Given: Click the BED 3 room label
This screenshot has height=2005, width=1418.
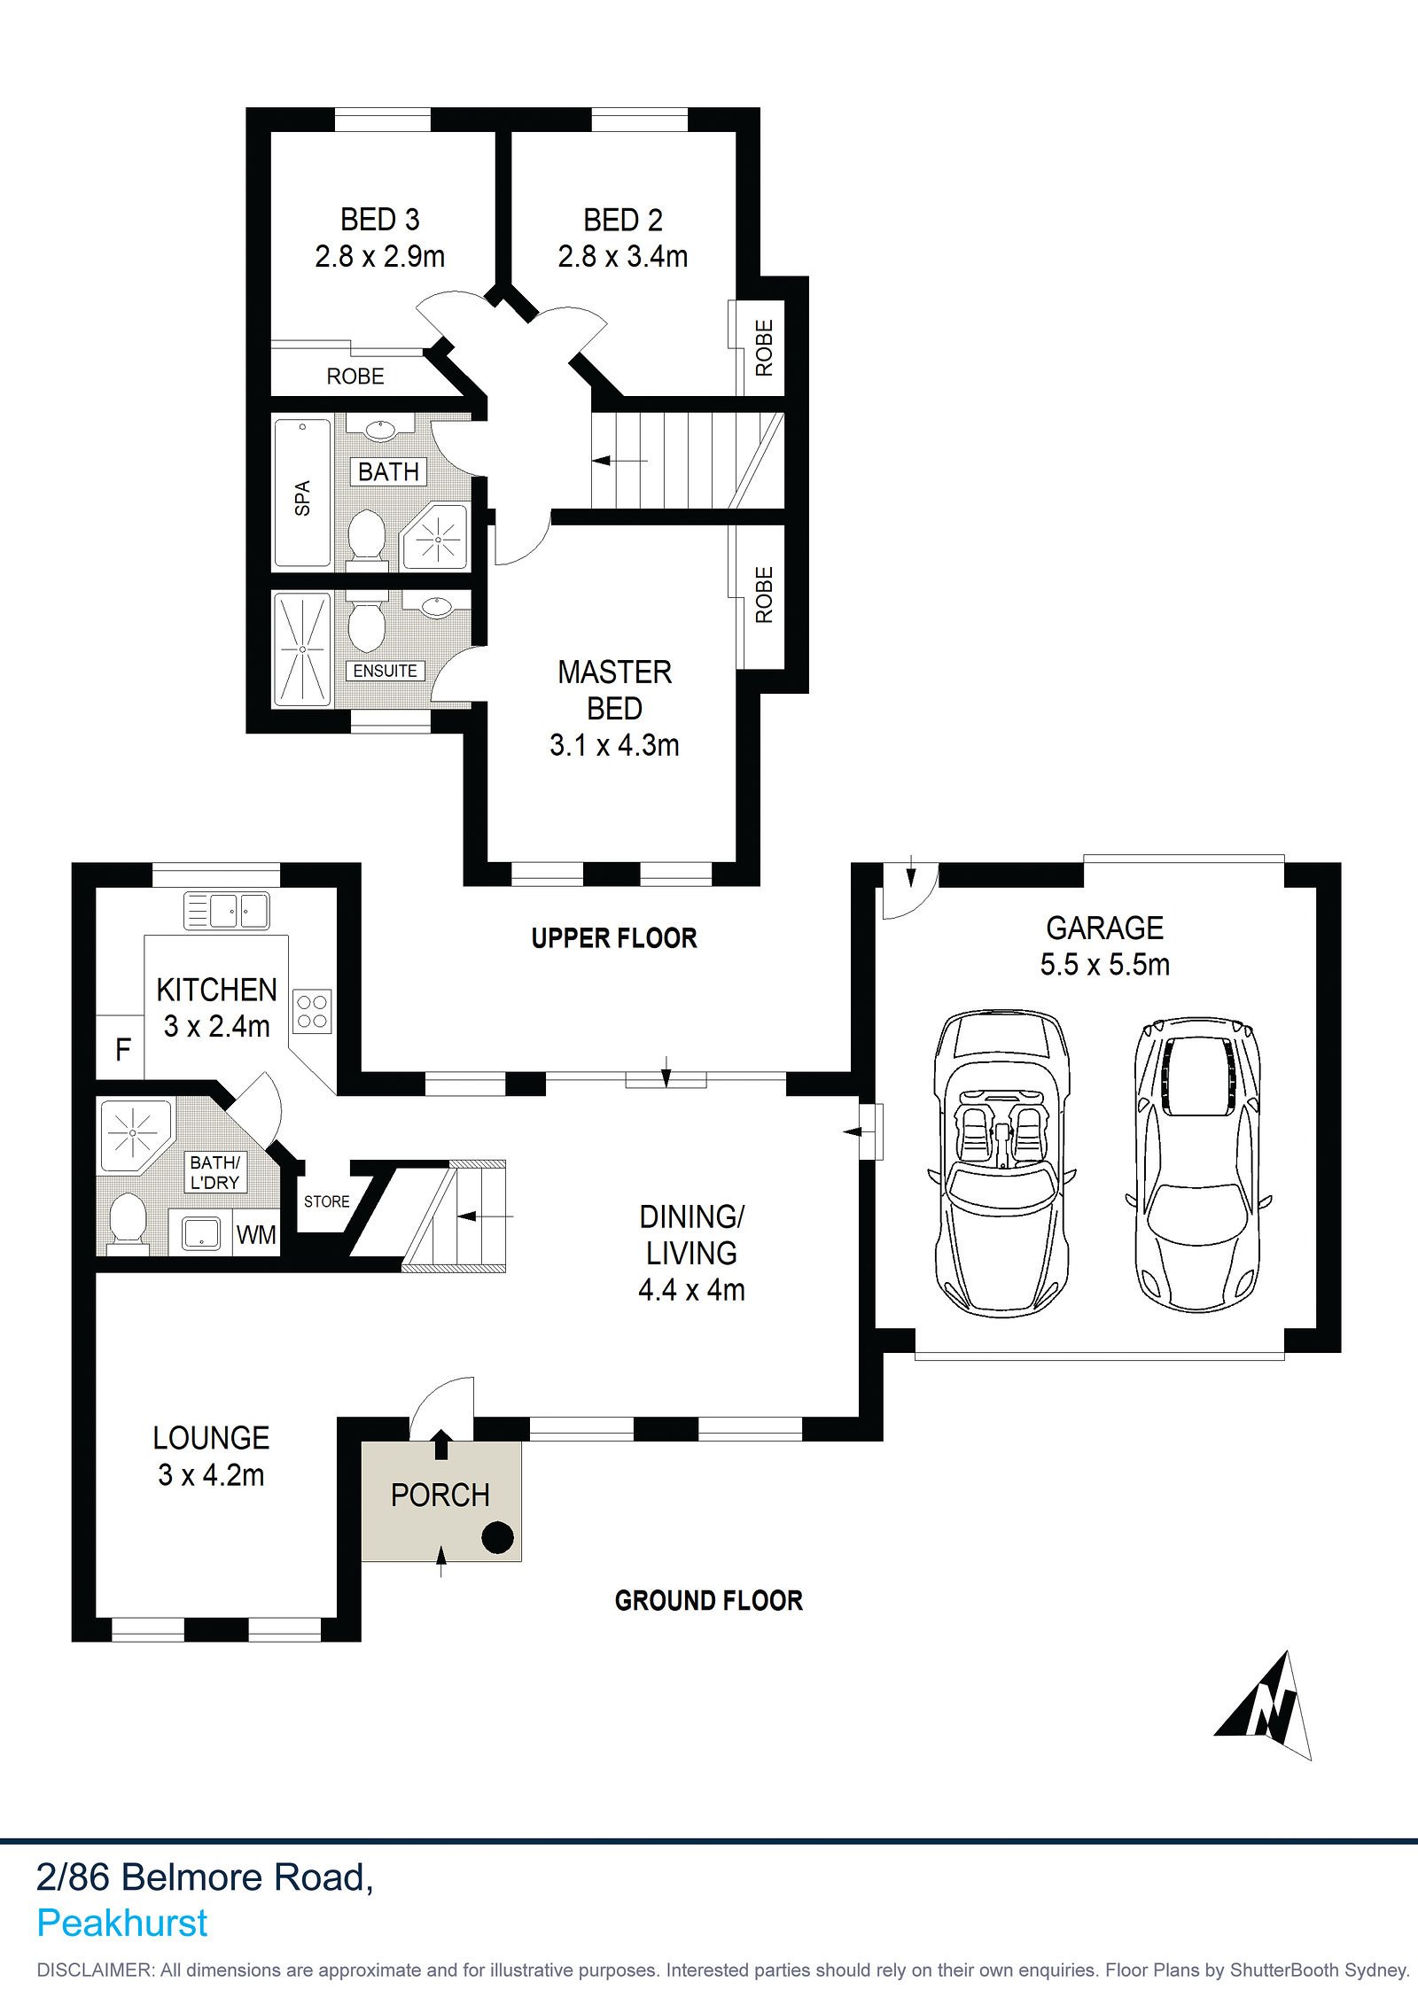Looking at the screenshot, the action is tap(379, 220).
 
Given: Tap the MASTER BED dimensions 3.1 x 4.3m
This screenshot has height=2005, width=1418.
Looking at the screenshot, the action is tap(614, 745).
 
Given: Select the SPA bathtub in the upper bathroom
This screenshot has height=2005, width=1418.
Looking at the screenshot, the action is tap(302, 493).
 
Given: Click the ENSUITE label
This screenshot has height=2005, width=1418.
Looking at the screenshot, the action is tap(385, 671).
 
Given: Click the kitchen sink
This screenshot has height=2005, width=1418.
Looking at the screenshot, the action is tap(226, 910).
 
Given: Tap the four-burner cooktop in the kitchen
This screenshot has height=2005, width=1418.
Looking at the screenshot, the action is tap(312, 1012).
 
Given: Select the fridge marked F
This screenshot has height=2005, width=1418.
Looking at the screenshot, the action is tap(121, 1048).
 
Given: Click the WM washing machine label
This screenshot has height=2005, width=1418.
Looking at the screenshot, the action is tap(256, 1235).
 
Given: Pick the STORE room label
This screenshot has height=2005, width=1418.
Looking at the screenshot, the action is tap(326, 1201).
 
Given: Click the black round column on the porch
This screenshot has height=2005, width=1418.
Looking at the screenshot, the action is tap(497, 1537).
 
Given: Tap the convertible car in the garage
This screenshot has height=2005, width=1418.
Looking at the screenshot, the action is tap(1001, 1163).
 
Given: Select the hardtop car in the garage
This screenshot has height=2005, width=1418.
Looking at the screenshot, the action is tap(1198, 1164).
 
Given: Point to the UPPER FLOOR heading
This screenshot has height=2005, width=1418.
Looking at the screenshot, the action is tap(614, 938).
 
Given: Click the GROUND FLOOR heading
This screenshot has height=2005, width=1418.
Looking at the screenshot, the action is tap(709, 1600).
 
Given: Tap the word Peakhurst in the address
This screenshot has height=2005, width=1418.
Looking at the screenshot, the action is tap(121, 1923).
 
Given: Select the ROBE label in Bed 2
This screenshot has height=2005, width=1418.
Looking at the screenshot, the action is tap(764, 347).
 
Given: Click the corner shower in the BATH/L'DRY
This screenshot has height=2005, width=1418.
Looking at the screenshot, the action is tap(135, 1135).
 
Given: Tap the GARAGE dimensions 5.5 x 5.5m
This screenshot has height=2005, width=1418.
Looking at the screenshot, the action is tap(1104, 964).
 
